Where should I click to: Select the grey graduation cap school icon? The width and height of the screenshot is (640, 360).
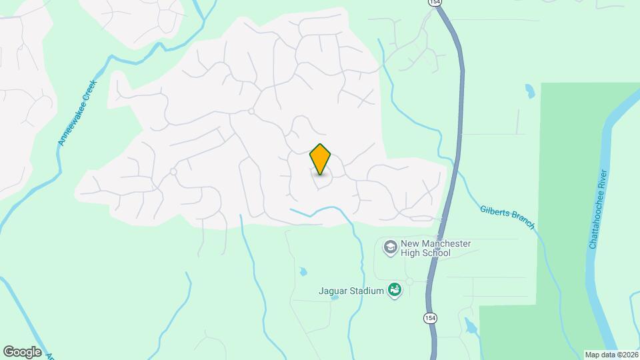pyautogui.click(x=389, y=248)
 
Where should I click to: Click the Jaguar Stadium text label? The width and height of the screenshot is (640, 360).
pyautogui.click(x=351, y=291)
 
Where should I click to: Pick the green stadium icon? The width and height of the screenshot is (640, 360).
pyautogui.click(x=395, y=290)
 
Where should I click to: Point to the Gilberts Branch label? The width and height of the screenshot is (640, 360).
pyautogui.click(x=507, y=217)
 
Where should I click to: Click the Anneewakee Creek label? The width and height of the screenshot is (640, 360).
pyautogui.click(x=78, y=111)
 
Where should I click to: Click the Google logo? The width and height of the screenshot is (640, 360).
pyautogui.click(x=22, y=351)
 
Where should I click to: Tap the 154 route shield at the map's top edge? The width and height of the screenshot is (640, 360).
pyautogui.click(x=435, y=3)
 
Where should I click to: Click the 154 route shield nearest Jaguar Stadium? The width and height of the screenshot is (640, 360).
pyautogui.click(x=429, y=319)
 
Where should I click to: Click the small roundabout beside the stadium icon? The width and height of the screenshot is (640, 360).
pyautogui.click(x=409, y=281)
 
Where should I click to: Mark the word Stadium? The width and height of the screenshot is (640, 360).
pyautogui.click(x=368, y=291)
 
